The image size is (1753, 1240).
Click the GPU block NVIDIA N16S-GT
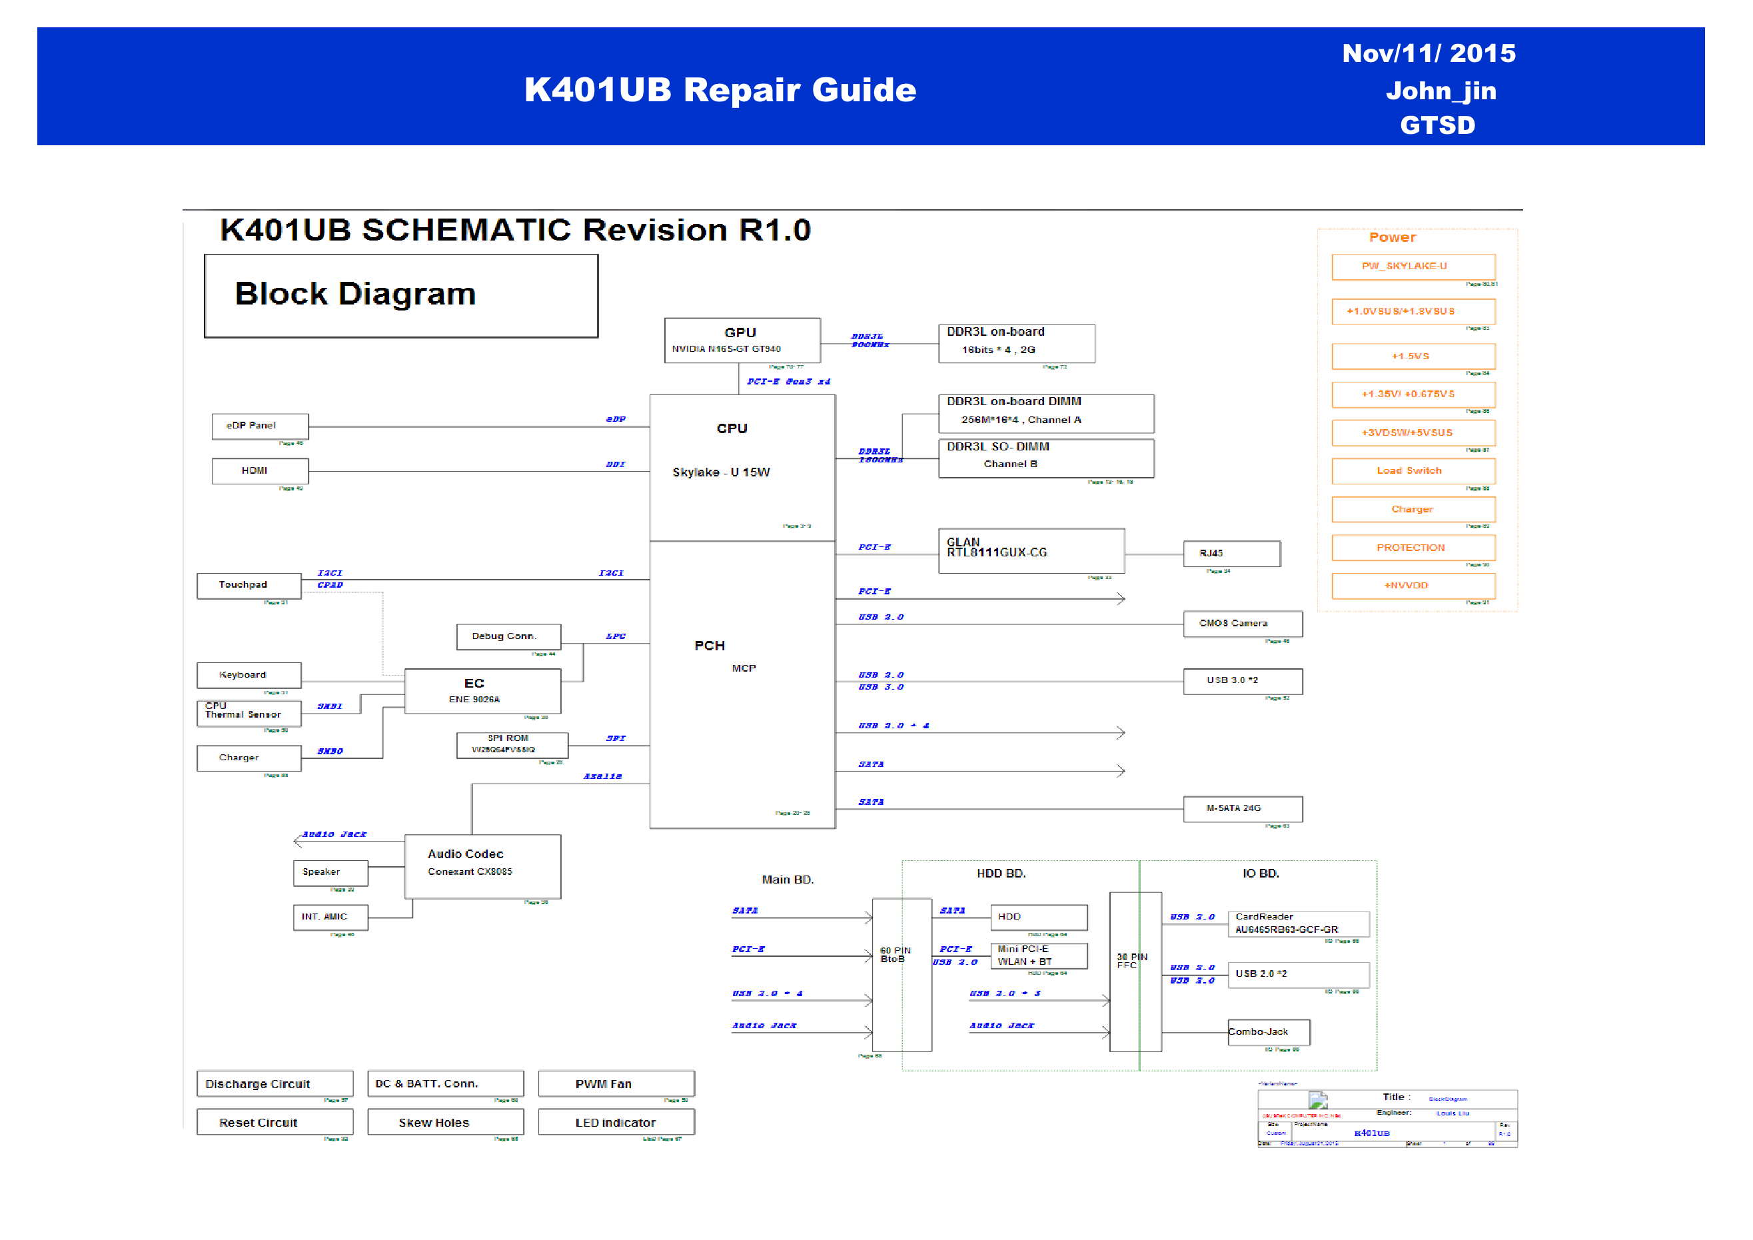click(x=742, y=340)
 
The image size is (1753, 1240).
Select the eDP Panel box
click(x=260, y=426)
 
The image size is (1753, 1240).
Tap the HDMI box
click(x=260, y=471)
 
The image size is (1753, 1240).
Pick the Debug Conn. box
click(x=508, y=637)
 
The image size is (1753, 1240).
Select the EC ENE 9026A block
click(x=482, y=691)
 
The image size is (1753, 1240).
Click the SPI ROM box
click(x=512, y=744)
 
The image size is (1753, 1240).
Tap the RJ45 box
click(x=1231, y=554)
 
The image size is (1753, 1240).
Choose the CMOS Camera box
click(x=1242, y=624)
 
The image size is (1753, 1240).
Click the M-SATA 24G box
click(x=1242, y=809)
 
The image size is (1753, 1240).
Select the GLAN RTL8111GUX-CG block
click(x=1031, y=550)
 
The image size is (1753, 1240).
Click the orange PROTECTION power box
click(x=1413, y=548)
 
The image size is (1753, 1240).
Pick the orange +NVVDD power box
click(x=1413, y=586)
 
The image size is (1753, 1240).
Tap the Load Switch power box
click(x=1413, y=471)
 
